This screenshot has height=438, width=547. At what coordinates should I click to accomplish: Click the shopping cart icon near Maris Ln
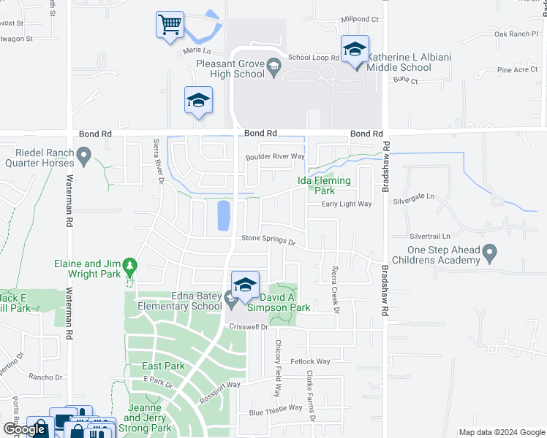click(x=170, y=25)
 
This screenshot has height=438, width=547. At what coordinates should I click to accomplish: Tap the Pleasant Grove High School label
click(x=230, y=69)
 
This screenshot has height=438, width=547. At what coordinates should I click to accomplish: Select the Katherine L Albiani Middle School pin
click(x=355, y=50)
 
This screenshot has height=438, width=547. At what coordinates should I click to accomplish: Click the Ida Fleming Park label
click(x=324, y=185)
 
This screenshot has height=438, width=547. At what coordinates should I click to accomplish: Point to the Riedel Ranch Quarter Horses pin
click(x=85, y=155)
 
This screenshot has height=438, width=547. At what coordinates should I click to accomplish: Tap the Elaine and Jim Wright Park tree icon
click(x=130, y=264)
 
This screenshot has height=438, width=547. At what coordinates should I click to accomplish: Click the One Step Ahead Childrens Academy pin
click(x=490, y=254)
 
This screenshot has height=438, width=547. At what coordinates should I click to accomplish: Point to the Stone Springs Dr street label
click(x=268, y=239)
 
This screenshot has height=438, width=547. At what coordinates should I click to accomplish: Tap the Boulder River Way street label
click(x=274, y=156)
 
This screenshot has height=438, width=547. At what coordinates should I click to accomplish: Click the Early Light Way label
click(x=347, y=204)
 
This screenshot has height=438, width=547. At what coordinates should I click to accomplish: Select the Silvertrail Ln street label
click(x=429, y=237)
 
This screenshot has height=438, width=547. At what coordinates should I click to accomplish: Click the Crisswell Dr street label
click(x=250, y=326)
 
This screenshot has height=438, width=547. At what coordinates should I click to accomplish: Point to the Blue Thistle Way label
click(x=275, y=409)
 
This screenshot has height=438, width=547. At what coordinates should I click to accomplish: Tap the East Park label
click(x=162, y=366)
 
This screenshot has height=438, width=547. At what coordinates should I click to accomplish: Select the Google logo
click(x=24, y=429)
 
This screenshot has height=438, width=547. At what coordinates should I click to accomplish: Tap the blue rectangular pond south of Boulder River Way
click(x=222, y=215)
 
